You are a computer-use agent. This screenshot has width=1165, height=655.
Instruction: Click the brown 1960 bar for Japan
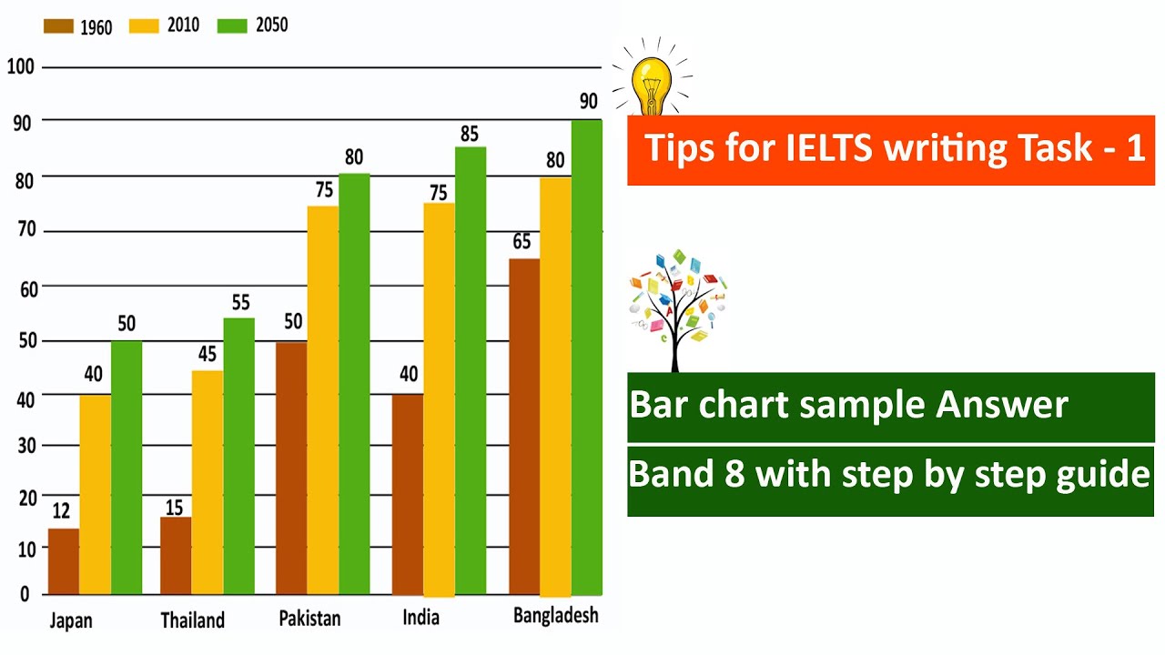tap(64, 561)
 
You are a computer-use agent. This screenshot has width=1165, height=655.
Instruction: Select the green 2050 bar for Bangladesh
tap(587, 358)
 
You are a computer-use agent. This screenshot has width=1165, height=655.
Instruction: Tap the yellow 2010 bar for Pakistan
tap(323, 400)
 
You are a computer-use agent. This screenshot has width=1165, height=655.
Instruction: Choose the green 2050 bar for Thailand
tap(239, 456)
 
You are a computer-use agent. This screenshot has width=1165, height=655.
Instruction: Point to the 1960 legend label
tap(96, 27)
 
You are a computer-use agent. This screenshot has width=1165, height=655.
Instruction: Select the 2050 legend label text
tap(270, 25)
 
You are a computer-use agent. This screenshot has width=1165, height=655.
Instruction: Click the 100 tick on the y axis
tap(19, 67)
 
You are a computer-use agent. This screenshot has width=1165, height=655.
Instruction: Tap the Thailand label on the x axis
tap(192, 620)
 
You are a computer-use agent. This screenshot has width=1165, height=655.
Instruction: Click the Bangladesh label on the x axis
tap(555, 616)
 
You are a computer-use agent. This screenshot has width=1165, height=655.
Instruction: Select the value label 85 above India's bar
tap(470, 134)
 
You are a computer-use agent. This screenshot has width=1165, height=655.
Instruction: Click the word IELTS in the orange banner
tap(826, 148)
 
